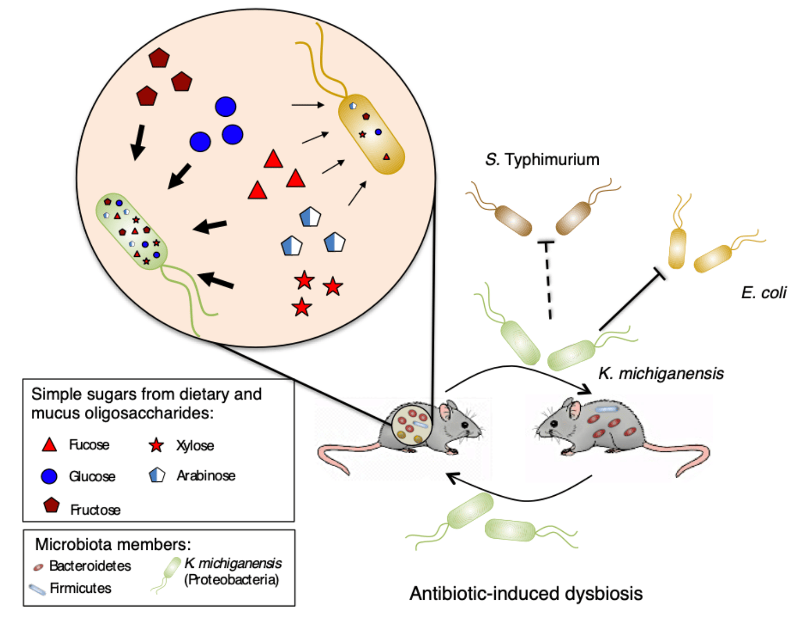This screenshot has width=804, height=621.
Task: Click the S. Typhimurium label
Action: tap(542, 159)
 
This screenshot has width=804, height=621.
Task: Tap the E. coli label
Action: tap(764, 292)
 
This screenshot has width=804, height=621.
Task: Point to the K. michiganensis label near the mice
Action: tap(661, 374)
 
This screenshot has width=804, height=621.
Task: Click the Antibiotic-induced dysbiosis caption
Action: tap(526, 593)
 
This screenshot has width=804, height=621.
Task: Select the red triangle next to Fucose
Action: tap(49, 445)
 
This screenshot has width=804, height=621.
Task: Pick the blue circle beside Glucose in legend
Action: tap(49, 476)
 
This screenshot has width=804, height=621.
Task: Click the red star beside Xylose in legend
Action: tap(156, 445)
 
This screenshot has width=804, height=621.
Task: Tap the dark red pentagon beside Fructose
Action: tap(51, 505)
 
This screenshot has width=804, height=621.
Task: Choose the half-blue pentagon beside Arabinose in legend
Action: tap(157, 475)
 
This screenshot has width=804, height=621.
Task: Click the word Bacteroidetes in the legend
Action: tap(90, 566)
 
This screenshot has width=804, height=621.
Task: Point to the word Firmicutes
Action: tap(81, 588)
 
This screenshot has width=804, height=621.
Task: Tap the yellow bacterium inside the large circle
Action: tap(371, 134)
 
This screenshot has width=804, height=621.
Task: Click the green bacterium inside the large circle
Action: tap(132, 231)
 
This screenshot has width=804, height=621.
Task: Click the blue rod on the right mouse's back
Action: tap(607, 409)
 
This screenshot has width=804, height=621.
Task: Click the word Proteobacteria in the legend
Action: tap(231, 580)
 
